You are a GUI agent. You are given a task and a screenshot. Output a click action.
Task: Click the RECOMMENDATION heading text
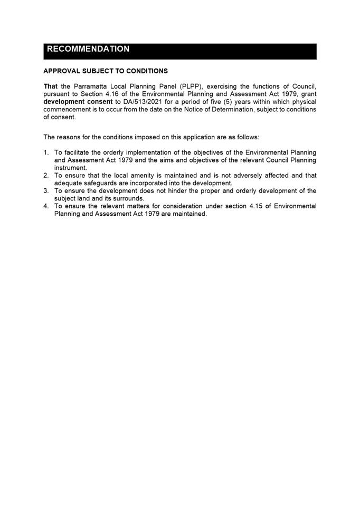click(x=88, y=49)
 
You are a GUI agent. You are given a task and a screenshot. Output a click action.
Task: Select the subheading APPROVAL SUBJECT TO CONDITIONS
click(x=106, y=71)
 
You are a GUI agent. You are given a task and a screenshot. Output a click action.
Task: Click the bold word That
click(x=51, y=85)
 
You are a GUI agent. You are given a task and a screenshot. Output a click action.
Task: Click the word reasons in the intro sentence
click(x=69, y=137)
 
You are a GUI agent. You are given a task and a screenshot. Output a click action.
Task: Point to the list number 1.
click(x=46, y=152)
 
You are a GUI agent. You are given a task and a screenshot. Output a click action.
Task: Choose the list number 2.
click(x=46, y=176)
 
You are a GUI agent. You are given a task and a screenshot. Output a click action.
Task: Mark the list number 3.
click(x=46, y=191)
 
